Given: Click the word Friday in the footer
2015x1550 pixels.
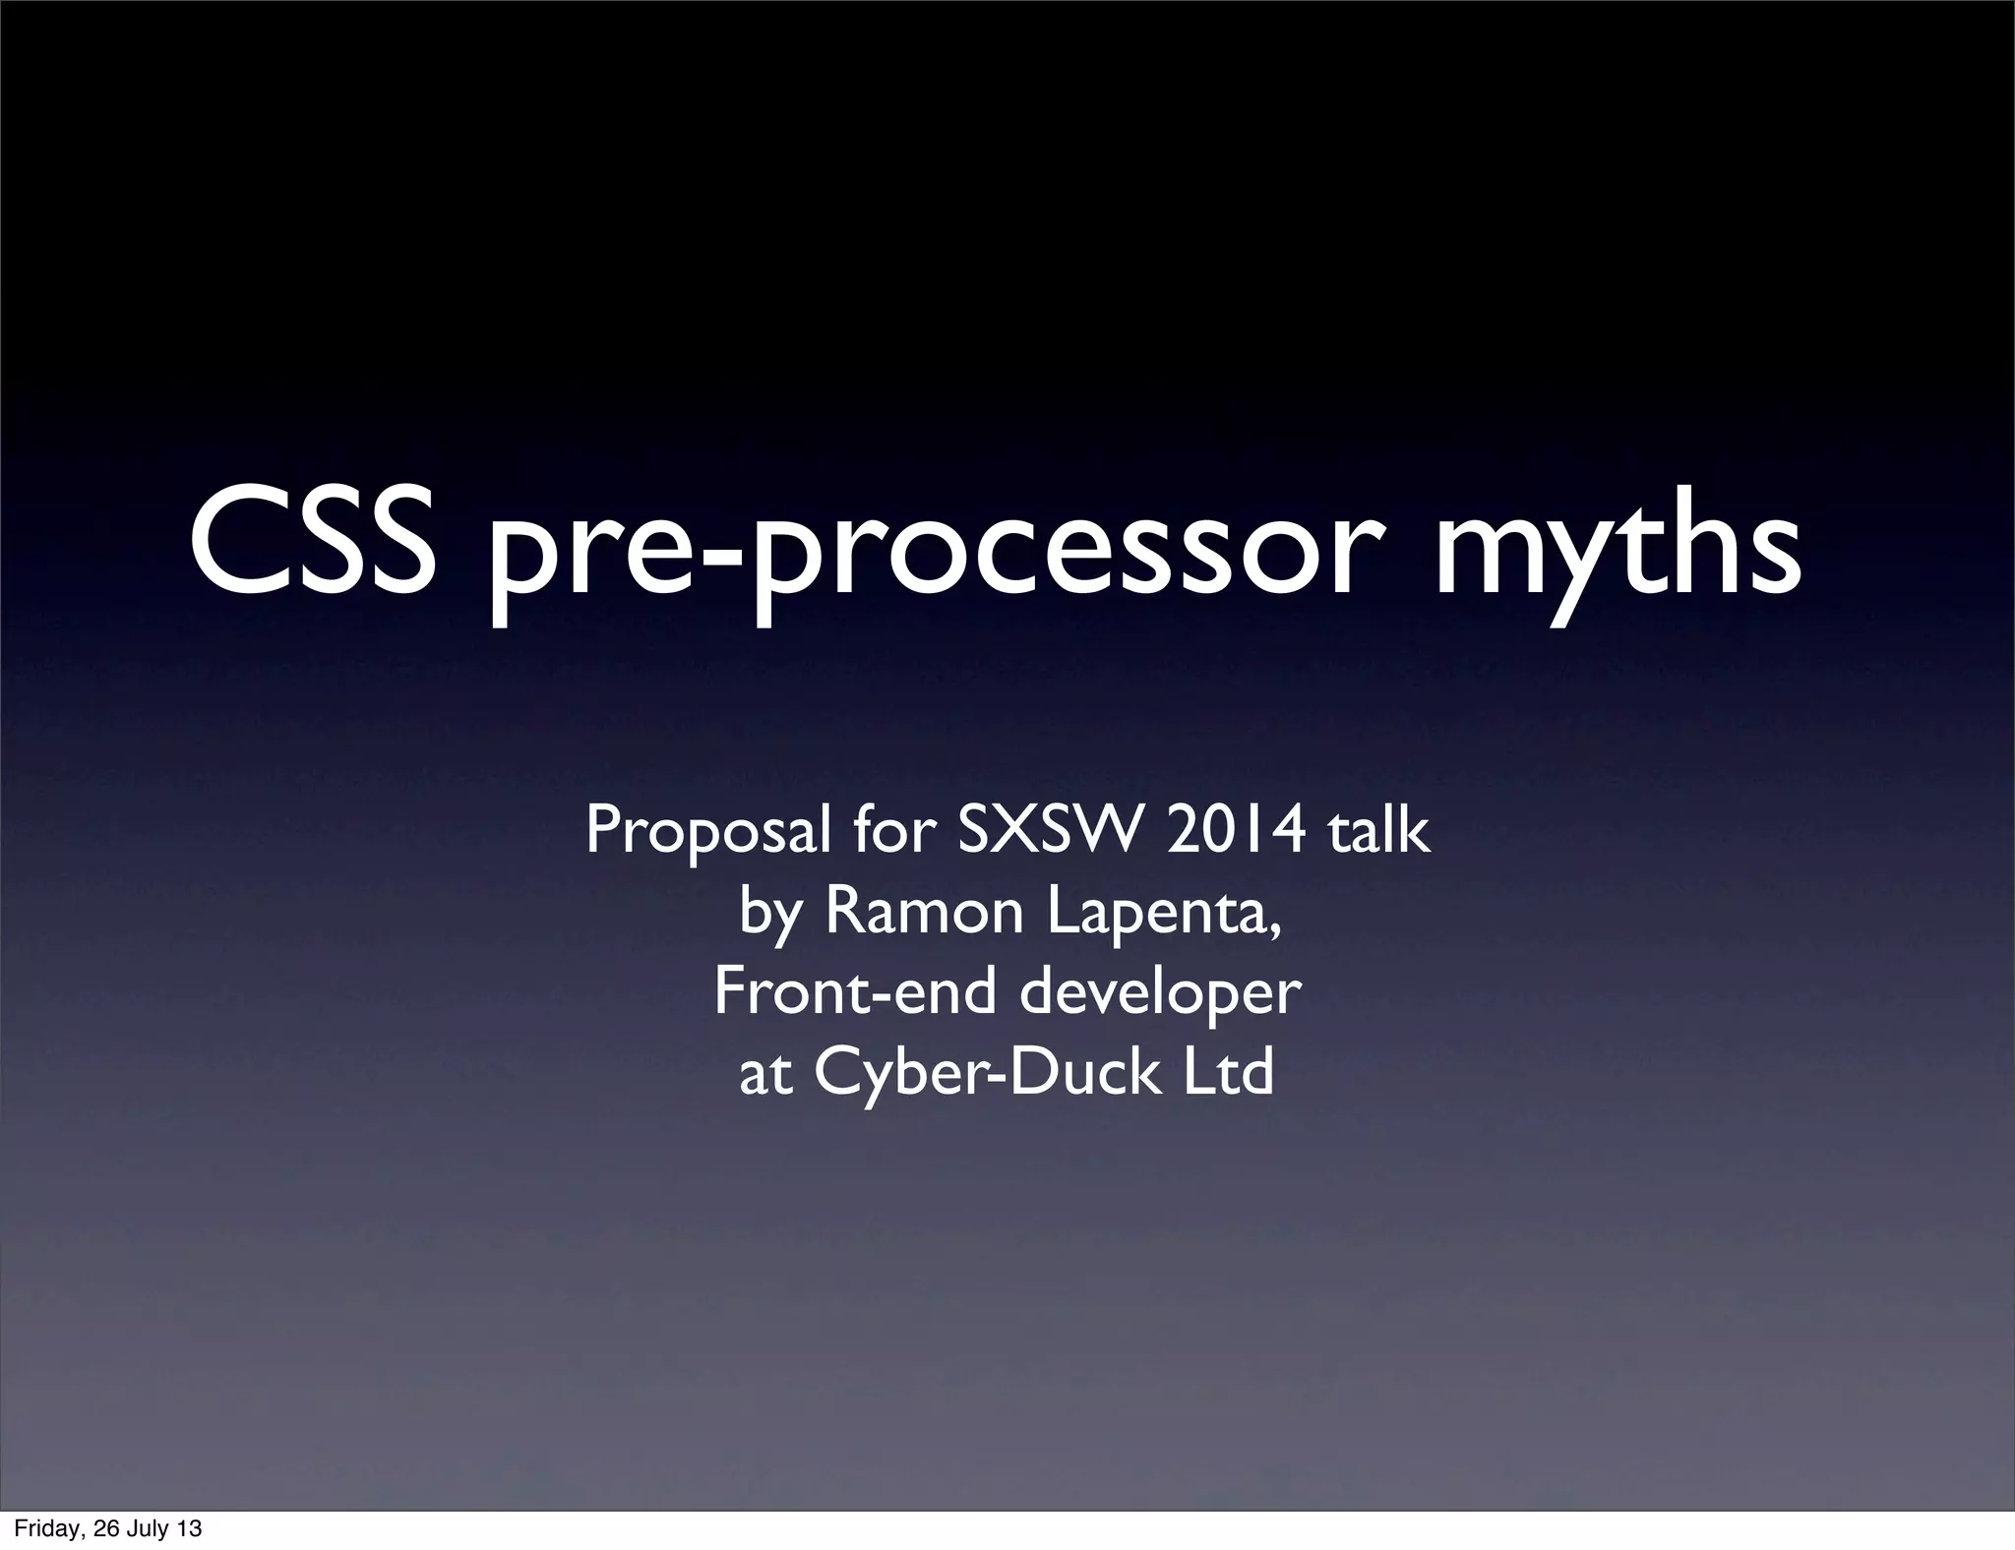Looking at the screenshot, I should (44, 1529).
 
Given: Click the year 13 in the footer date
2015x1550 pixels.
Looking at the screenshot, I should (188, 1529).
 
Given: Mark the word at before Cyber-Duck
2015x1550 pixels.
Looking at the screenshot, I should (766, 1074).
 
